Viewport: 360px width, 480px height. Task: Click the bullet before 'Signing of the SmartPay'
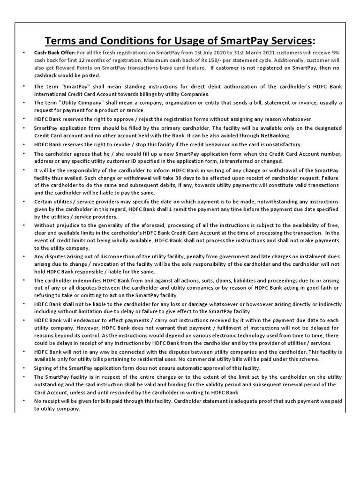[24, 368]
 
